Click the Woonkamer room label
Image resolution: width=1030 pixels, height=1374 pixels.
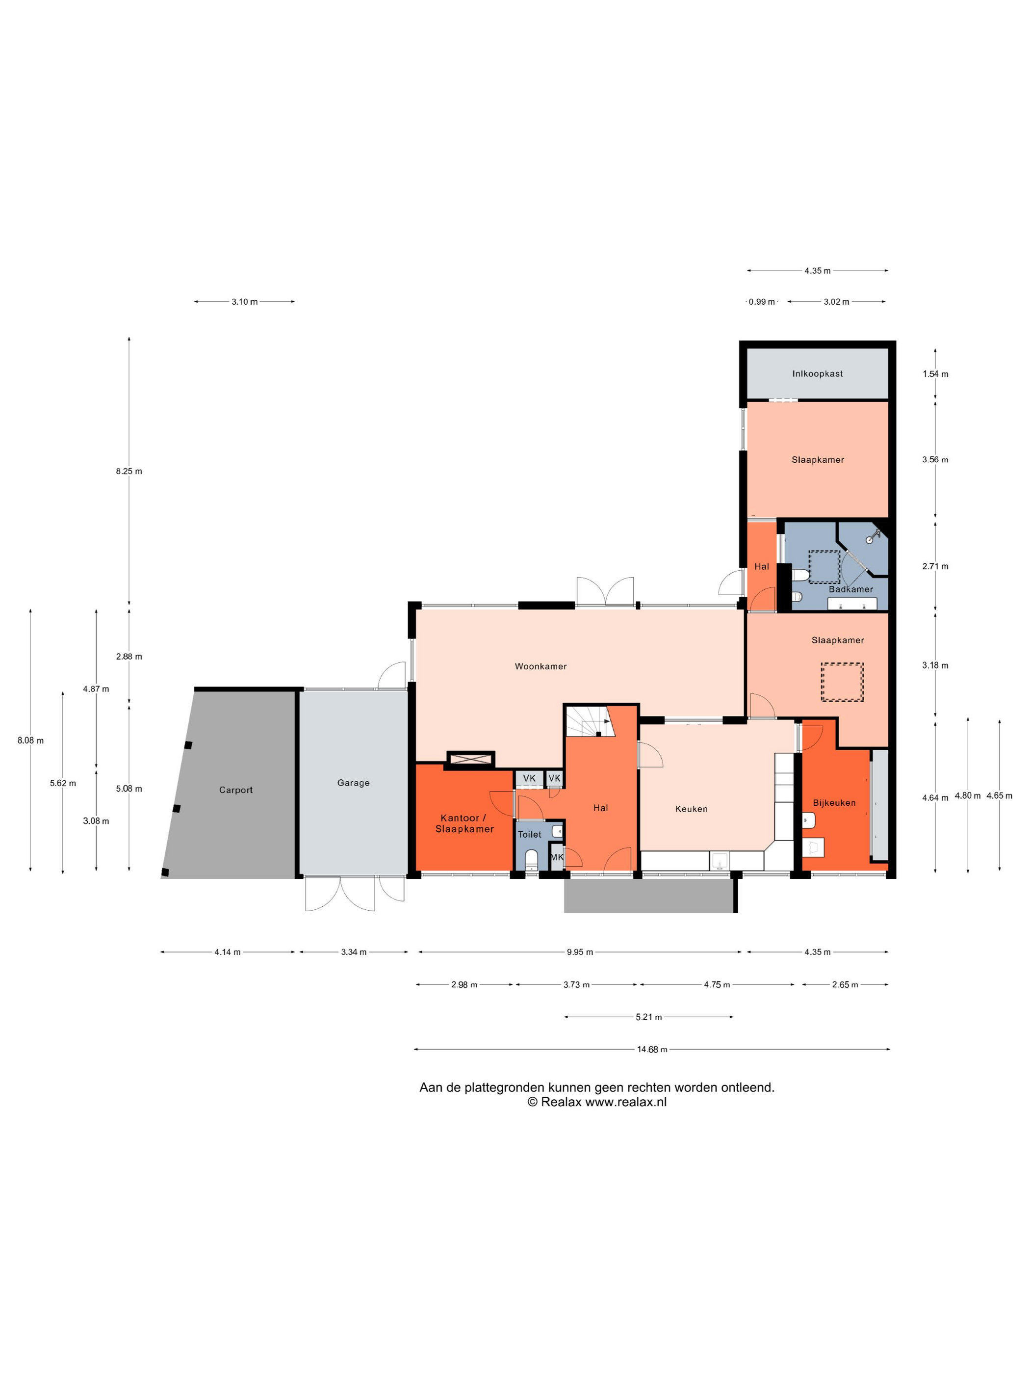pos(540,666)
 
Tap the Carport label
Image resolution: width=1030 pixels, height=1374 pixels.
pos(236,790)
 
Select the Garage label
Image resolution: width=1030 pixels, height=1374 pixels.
pos(353,783)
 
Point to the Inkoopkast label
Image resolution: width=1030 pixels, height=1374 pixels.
pos(817,373)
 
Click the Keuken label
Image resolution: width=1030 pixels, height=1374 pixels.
pos(691,809)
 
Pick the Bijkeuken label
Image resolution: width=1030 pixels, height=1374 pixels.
pos(834,802)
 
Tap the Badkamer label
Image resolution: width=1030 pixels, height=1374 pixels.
pos(850,589)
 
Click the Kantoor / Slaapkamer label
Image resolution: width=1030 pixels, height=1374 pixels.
pos(464,823)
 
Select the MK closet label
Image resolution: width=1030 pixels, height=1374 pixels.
pos(557,857)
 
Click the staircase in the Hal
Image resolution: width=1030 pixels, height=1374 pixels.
pos(589,720)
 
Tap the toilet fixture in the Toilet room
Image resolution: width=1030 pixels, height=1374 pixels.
pos(531,860)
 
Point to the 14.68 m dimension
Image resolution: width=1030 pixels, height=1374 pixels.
pos(652,1049)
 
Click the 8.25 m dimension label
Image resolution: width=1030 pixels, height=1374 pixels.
pos(129,471)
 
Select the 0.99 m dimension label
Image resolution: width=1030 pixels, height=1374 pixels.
pos(761,302)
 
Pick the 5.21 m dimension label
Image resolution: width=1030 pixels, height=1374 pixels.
pos(649,1017)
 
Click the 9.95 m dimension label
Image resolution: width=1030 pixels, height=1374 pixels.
pos(579,951)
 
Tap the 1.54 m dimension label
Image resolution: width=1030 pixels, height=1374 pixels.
pos(935,374)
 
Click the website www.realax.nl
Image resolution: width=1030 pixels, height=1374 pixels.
pos(626,1102)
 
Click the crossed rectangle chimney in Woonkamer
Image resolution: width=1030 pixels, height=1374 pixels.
pos(470,759)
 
